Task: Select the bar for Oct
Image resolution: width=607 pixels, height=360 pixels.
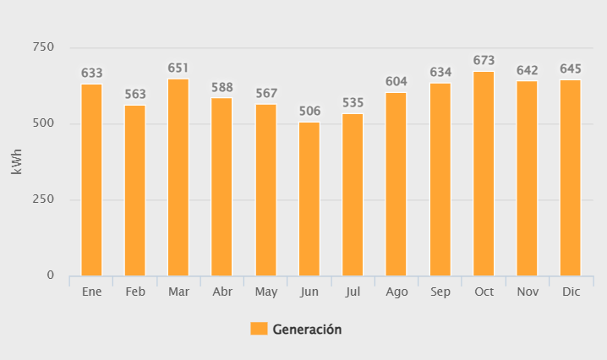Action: (484, 173)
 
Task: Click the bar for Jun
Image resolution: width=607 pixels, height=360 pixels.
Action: (309, 199)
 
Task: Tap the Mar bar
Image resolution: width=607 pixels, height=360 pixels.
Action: (178, 177)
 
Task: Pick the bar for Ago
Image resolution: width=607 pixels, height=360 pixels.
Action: (396, 183)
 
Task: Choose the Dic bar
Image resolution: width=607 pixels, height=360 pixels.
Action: (571, 177)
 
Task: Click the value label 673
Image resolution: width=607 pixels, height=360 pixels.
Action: (484, 61)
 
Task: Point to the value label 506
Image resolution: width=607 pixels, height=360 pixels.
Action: (309, 112)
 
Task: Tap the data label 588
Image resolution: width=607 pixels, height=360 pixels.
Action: (222, 87)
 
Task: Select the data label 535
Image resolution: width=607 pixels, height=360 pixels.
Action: (353, 103)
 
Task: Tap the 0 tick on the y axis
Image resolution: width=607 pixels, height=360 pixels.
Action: (51, 275)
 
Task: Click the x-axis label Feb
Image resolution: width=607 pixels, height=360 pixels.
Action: (135, 292)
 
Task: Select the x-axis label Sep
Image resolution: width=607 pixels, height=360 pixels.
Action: (440, 292)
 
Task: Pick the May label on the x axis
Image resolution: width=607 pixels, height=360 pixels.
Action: (265, 292)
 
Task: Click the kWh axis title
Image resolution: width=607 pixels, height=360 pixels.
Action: (17, 161)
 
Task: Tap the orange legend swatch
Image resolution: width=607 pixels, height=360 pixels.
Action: (259, 329)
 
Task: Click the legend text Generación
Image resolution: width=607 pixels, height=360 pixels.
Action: (307, 329)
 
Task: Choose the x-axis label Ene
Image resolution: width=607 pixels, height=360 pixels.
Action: (91, 292)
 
